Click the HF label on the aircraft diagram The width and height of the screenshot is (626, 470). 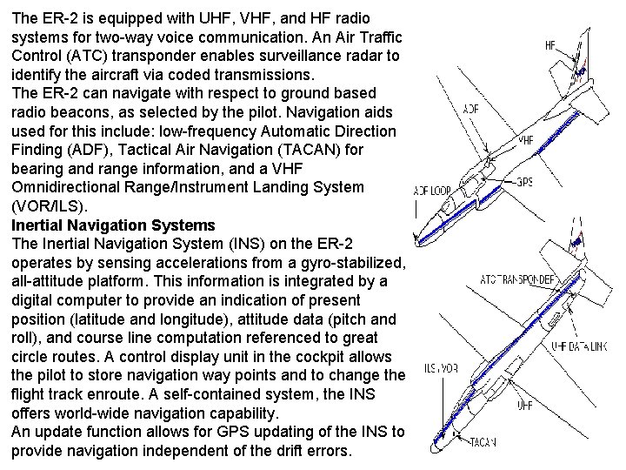click(550, 44)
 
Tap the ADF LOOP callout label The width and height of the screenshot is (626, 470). click(432, 191)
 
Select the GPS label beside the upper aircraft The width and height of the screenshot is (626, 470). click(524, 182)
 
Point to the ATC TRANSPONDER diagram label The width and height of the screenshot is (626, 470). click(519, 279)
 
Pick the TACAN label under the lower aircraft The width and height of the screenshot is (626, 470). click(483, 442)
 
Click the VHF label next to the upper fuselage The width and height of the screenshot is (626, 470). click(525, 139)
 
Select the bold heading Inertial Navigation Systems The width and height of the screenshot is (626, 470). click(113, 225)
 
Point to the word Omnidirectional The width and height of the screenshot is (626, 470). click(67, 187)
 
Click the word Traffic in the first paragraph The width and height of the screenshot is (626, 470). click(376, 36)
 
